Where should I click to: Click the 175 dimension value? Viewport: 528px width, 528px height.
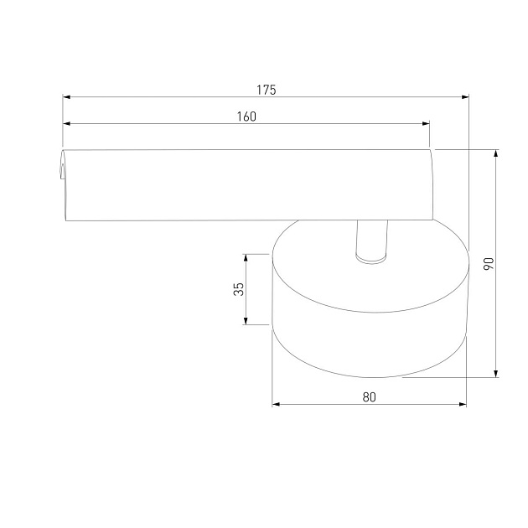pos(266,90)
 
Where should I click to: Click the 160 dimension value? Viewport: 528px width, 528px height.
pos(246,116)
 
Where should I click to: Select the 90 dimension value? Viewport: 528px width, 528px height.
pos(489,263)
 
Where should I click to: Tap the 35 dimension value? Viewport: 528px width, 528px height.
pos(238,289)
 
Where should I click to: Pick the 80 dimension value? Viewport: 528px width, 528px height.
pos(369,397)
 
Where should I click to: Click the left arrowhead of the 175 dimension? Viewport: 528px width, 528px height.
pos(67,97)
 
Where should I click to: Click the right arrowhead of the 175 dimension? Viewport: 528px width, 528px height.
pos(465,97)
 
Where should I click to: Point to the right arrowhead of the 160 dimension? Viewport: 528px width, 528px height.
pos(426,123)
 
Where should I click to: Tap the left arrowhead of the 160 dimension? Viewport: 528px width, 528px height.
pos(67,123)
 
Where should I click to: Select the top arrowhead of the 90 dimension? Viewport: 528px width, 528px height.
pos(495,153)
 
